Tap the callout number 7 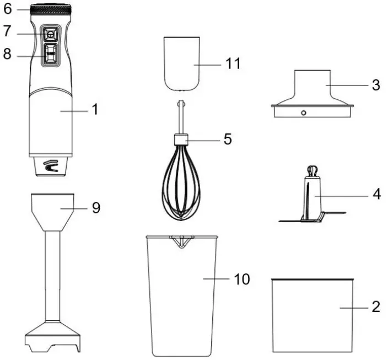[x=7, y=32]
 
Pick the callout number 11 [x=233, y=64]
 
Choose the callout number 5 [x=227, y=139]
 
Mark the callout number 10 [x=241, y=279]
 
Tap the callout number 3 [x=375, y=85]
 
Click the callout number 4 [x=375, y=194]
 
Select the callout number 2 [x=375, y=307]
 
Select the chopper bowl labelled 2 [x=312, y=314]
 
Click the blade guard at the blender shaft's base [x=53, y=336]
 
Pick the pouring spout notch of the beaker [x=180, y=240]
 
